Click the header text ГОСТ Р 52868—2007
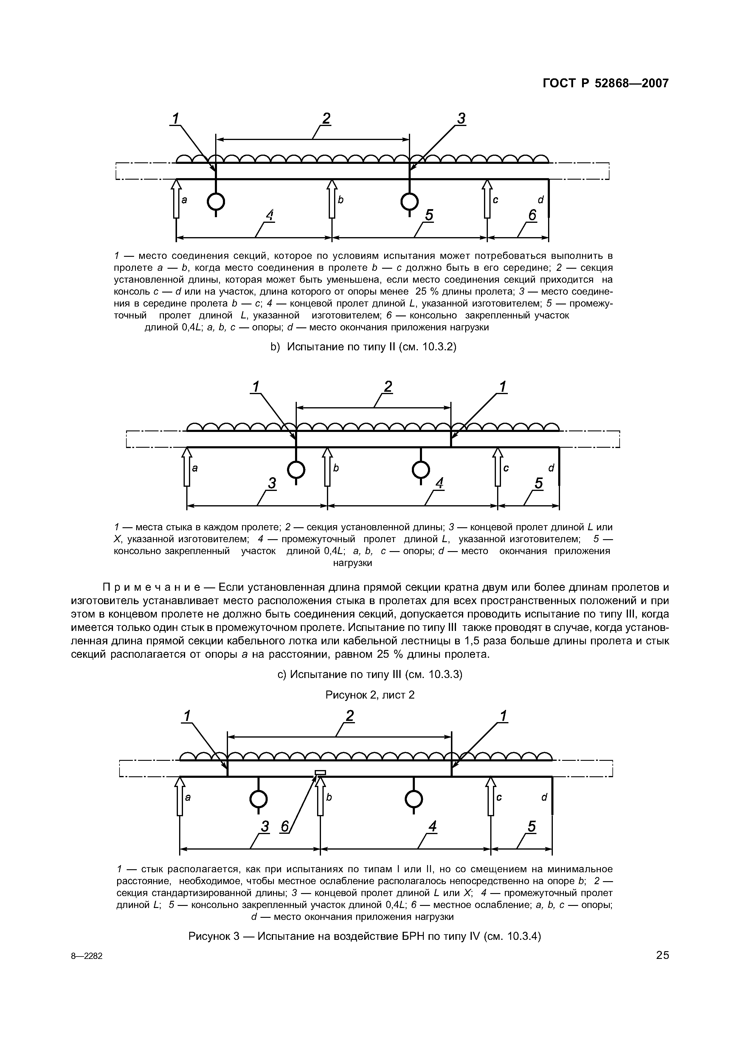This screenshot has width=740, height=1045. (606, 83)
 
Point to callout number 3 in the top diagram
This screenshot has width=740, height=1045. (461, 119)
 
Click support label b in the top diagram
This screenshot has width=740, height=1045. (340, 200)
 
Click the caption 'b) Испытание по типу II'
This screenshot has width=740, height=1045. (363, 347)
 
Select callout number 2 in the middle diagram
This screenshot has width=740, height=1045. (387, 387)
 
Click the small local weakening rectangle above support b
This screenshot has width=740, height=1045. (320, 772)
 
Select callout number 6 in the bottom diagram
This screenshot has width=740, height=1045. (285, 826)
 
